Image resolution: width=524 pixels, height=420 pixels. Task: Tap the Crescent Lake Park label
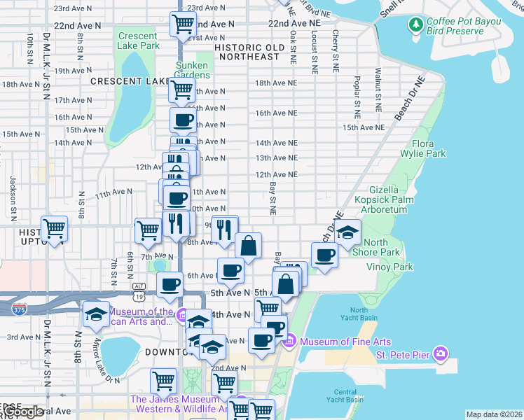click(138, 41)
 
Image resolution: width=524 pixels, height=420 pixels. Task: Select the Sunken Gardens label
click(192, 70)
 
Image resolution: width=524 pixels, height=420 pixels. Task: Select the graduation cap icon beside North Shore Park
click(347, 232)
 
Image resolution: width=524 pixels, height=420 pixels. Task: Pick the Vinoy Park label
click(389, 267)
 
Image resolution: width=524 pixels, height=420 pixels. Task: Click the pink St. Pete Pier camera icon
click(439, 351)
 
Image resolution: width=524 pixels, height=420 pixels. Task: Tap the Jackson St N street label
click(13, 190)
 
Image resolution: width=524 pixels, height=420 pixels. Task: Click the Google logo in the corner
click(22, 412)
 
